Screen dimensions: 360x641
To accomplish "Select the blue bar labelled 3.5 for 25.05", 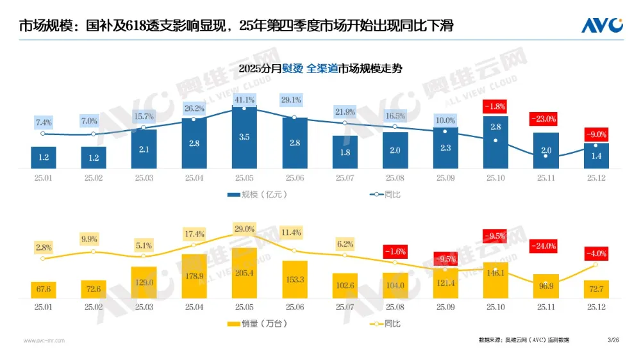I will [x=244, y=137].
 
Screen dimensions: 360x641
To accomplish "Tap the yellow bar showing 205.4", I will [x=244, y=273].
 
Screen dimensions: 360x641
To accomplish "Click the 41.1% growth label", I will [x=244, y=100].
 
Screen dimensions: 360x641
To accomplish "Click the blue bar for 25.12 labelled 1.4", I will [x=596, y=156].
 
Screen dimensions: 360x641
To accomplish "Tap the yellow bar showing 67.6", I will [x=43, y=290].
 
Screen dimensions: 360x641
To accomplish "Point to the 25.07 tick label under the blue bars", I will [x=345, y=179].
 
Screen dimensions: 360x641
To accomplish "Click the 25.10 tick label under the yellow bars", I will [x=495, y=308].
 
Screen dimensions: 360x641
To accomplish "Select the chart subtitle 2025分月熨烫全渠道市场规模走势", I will [x=320, y=69].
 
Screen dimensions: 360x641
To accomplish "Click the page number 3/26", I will [x=613, y=340].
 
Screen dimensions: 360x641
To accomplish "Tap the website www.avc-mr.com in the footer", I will [x=44, y=340].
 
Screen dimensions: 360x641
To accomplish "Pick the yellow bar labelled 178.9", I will [x=194, y=276].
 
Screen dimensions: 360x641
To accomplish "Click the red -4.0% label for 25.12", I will [x=595, y=254].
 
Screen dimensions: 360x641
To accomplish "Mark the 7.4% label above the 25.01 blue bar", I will [x=43, y=122].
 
